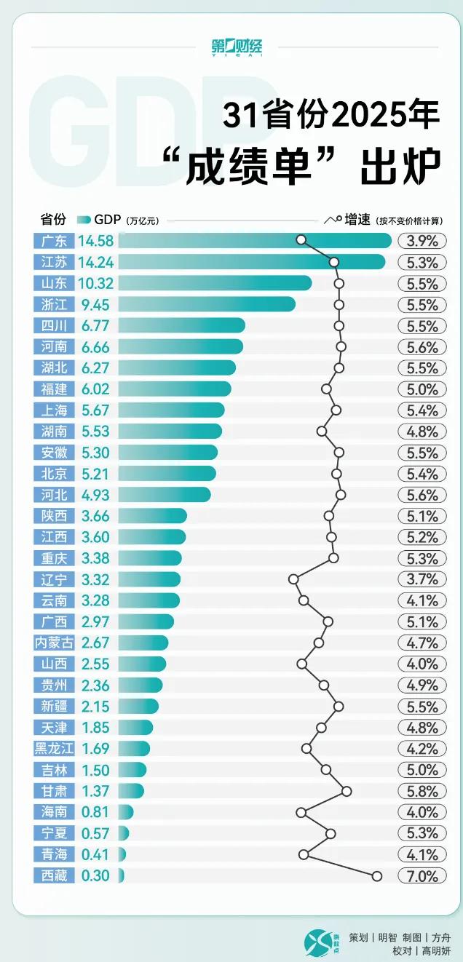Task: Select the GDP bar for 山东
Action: [x=215, y=283]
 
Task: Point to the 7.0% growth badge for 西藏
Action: [x=422, y=876]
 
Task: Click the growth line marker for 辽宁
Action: [x=293, y=579]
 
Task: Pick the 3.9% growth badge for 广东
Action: [x=422, y=241]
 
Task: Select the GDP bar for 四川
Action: [x=181, y=325]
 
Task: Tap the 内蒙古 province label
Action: [x=55, y=643]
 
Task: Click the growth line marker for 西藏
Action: [x=376, y=876]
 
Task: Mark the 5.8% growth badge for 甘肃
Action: [x=422, y=791]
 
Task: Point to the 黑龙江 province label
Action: [x=55, y=749]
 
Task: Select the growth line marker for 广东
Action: [x=301, y=240]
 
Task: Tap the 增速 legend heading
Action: [x=357, y=219]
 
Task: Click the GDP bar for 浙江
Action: [x=207, y=304]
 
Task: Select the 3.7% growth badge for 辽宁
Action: [x=422, y=579]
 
